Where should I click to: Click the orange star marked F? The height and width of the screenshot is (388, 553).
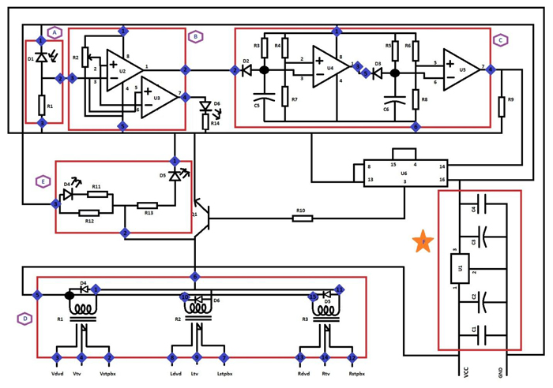423,242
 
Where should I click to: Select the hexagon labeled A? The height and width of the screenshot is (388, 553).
55,32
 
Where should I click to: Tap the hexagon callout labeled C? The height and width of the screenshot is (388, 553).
500,40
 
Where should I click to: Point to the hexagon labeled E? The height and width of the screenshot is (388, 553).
43,181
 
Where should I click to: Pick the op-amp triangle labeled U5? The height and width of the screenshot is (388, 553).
460,69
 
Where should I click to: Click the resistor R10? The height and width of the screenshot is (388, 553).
302,218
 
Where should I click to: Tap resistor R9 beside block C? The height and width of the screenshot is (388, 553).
502,106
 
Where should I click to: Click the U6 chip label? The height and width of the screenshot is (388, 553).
404,172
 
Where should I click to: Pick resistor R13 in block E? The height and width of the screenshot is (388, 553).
147,206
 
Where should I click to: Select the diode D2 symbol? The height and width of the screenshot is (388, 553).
246,70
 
